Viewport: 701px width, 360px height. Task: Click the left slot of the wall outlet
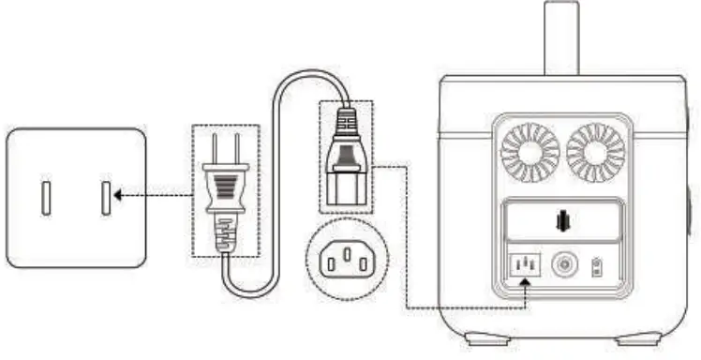point(45,197)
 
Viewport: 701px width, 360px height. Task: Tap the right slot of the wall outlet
point(104,197)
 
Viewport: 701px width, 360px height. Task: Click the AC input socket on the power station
point(524,266)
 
